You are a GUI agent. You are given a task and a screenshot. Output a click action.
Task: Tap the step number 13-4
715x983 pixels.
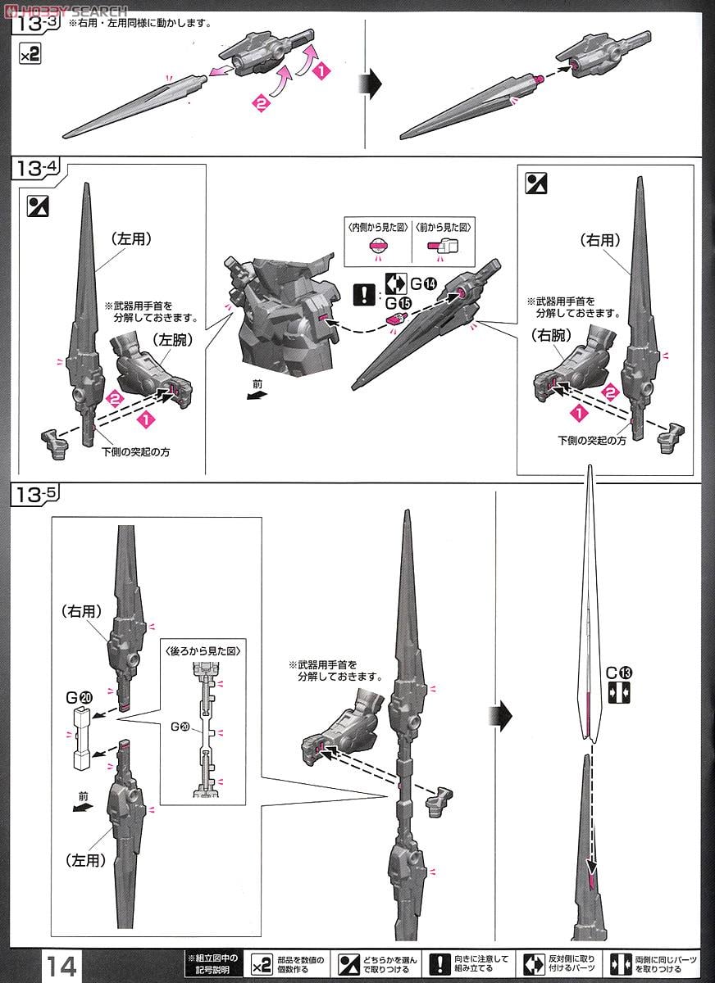pyautogui.click(x=37, y=170)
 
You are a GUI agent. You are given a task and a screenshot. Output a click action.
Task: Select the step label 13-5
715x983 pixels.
pyautogui.click(x=37, y=495)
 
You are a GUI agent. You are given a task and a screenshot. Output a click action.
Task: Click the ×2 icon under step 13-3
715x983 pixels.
pyautogui.click(x=30, y=56)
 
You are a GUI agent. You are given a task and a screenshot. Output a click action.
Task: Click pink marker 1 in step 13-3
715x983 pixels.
pyautogui.click(x=321, y=72)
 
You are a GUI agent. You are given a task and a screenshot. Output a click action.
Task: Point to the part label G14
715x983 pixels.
pyautogui.click(x=426, y=284)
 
